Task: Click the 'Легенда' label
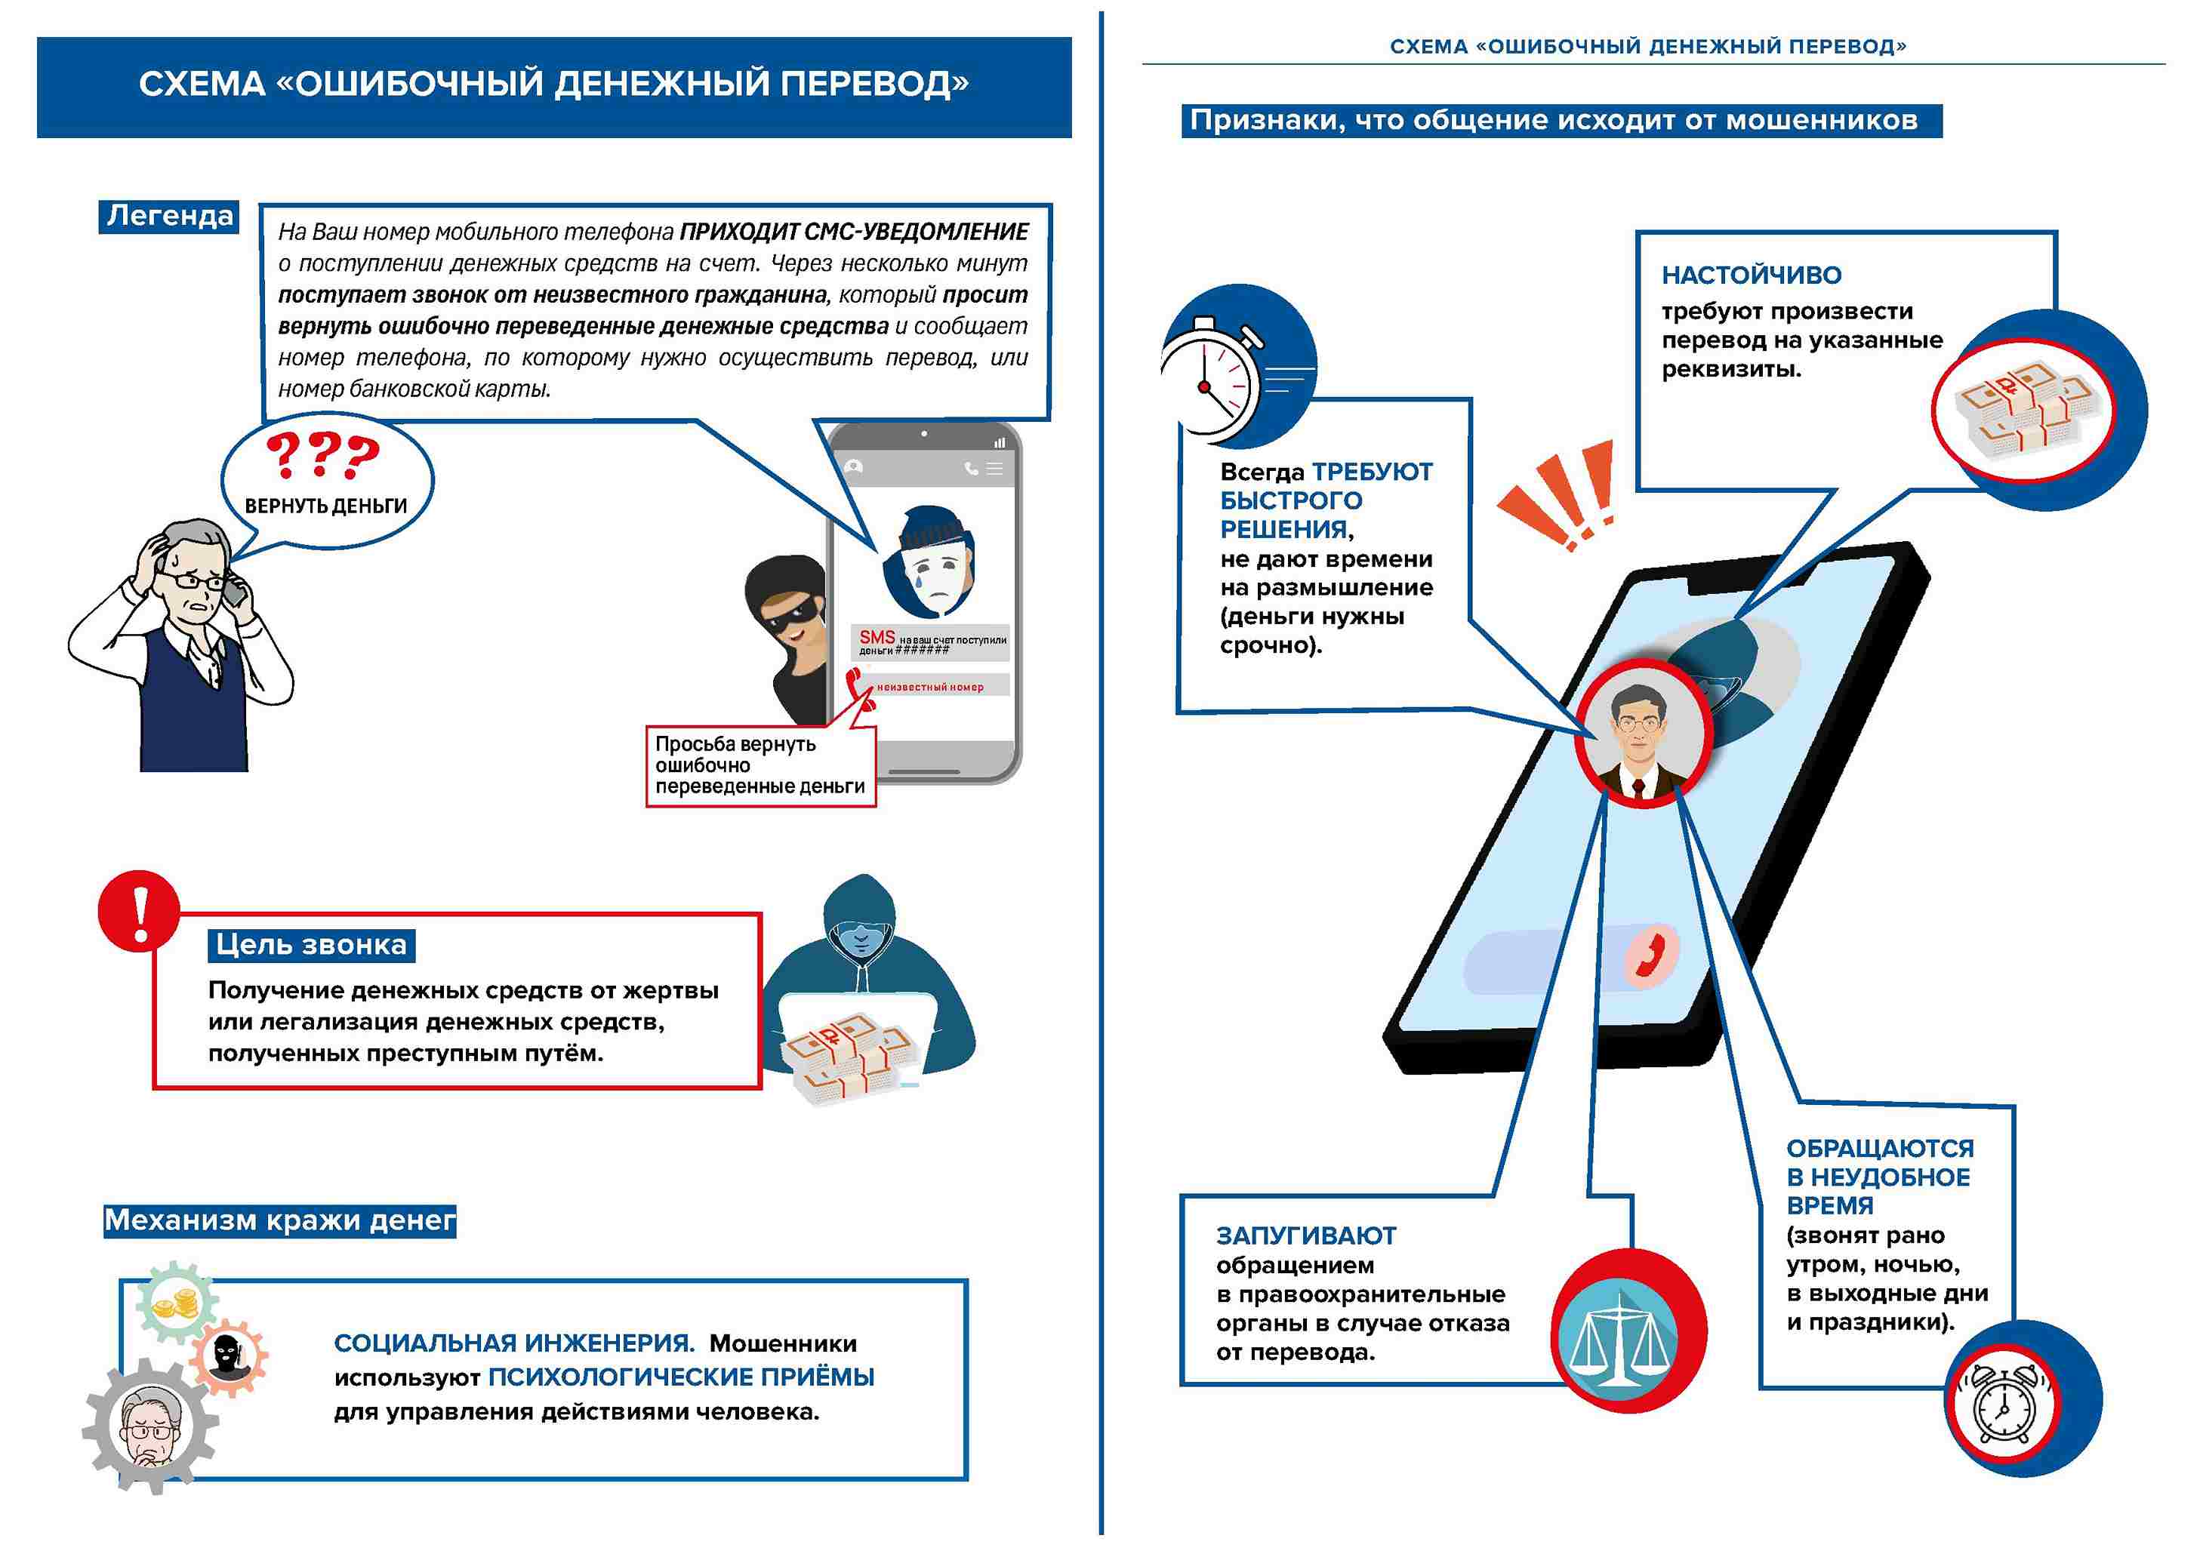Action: click(169, 216)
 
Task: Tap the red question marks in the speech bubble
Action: click(322, 456)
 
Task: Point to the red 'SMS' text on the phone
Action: click(876, 637)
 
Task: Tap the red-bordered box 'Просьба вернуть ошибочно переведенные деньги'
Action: click(760, 765)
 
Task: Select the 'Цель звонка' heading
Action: click(311, 945)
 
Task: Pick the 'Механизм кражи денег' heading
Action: click(279, 1220)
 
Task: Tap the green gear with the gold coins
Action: click(177, 1303)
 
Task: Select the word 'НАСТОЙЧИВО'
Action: click(1751, 275)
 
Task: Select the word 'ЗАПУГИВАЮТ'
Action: click(1306, 1235)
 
